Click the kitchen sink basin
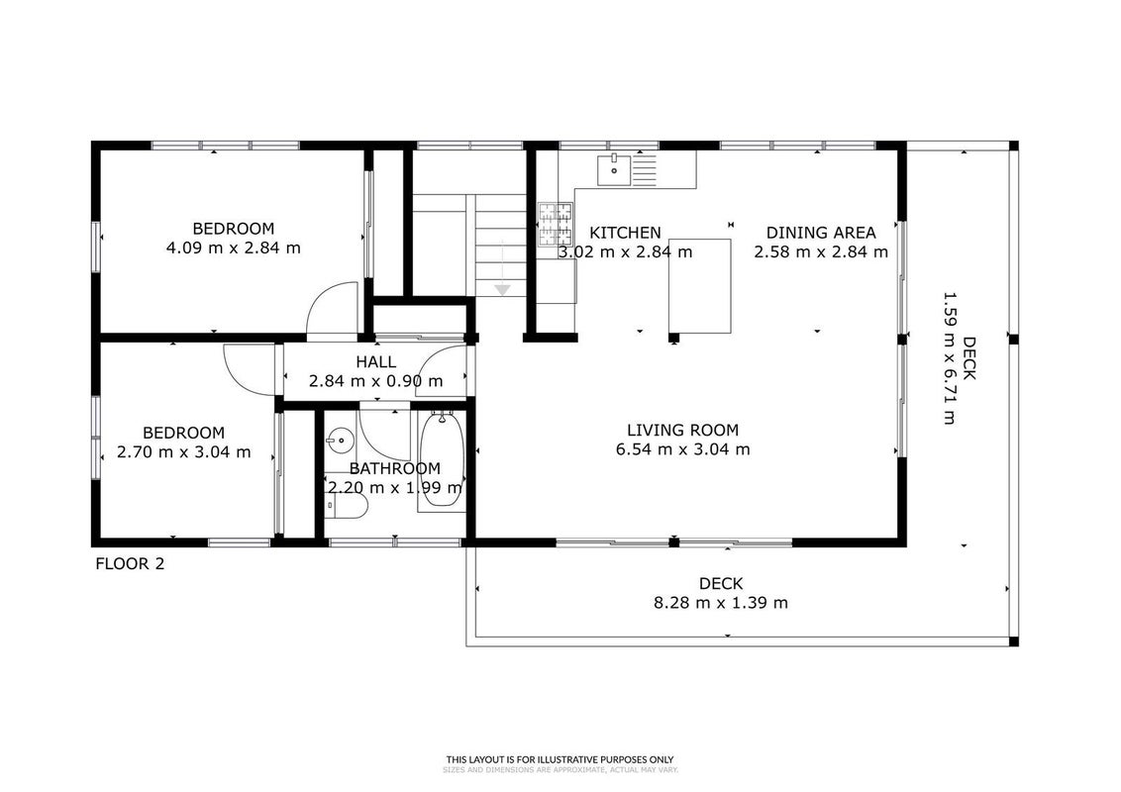614,169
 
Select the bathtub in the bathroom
441,461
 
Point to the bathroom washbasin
341,440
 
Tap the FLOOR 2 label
130,564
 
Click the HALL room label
376,362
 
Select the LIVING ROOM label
682,431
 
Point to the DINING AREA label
821,233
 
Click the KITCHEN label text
625,233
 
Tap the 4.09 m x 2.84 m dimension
233,248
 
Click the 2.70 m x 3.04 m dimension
184,451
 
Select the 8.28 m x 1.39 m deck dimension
721,603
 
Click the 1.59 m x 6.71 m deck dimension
949,357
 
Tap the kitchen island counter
700,287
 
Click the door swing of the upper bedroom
332,307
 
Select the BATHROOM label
395,469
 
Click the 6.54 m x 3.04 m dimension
682,449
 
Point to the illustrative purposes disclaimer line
560,760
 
